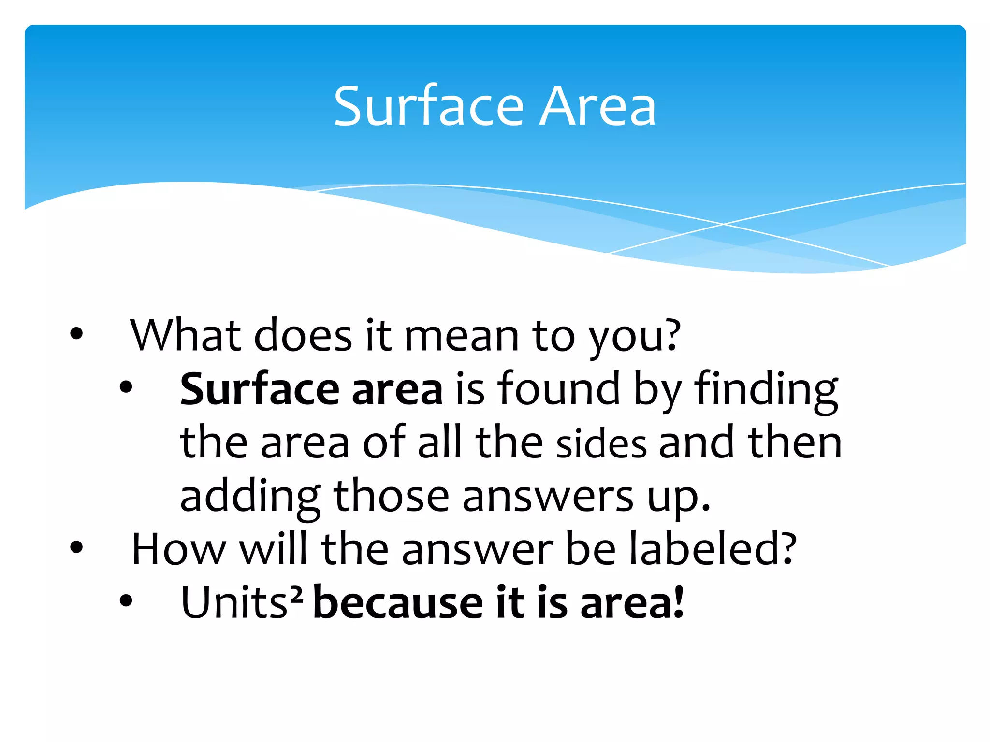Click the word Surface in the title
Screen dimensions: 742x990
428,106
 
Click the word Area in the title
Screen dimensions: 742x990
597,106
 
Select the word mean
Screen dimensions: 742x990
462,336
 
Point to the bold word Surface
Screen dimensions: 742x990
260,389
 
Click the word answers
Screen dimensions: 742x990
547,498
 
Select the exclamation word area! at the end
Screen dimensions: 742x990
632,603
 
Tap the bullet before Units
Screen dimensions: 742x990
126,600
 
